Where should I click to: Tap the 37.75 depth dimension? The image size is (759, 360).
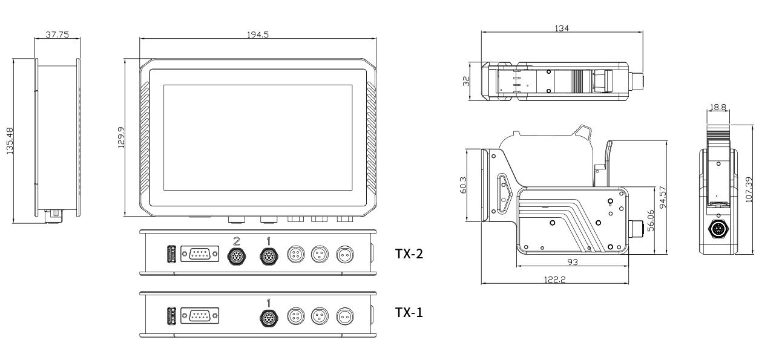click(x=57, y=34)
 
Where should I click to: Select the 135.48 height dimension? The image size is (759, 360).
click(x=10, y=141)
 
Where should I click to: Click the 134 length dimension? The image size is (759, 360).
click(x=561, y=28)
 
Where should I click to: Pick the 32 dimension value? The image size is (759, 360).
click(x=467, y=80)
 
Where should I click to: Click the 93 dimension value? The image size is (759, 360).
click(x=571, y=261)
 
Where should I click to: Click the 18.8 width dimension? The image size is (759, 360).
click(x=718, y=107)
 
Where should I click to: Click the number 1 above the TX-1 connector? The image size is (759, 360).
click(x=268, y=301)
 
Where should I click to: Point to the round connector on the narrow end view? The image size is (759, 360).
click(x=718, y=230)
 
